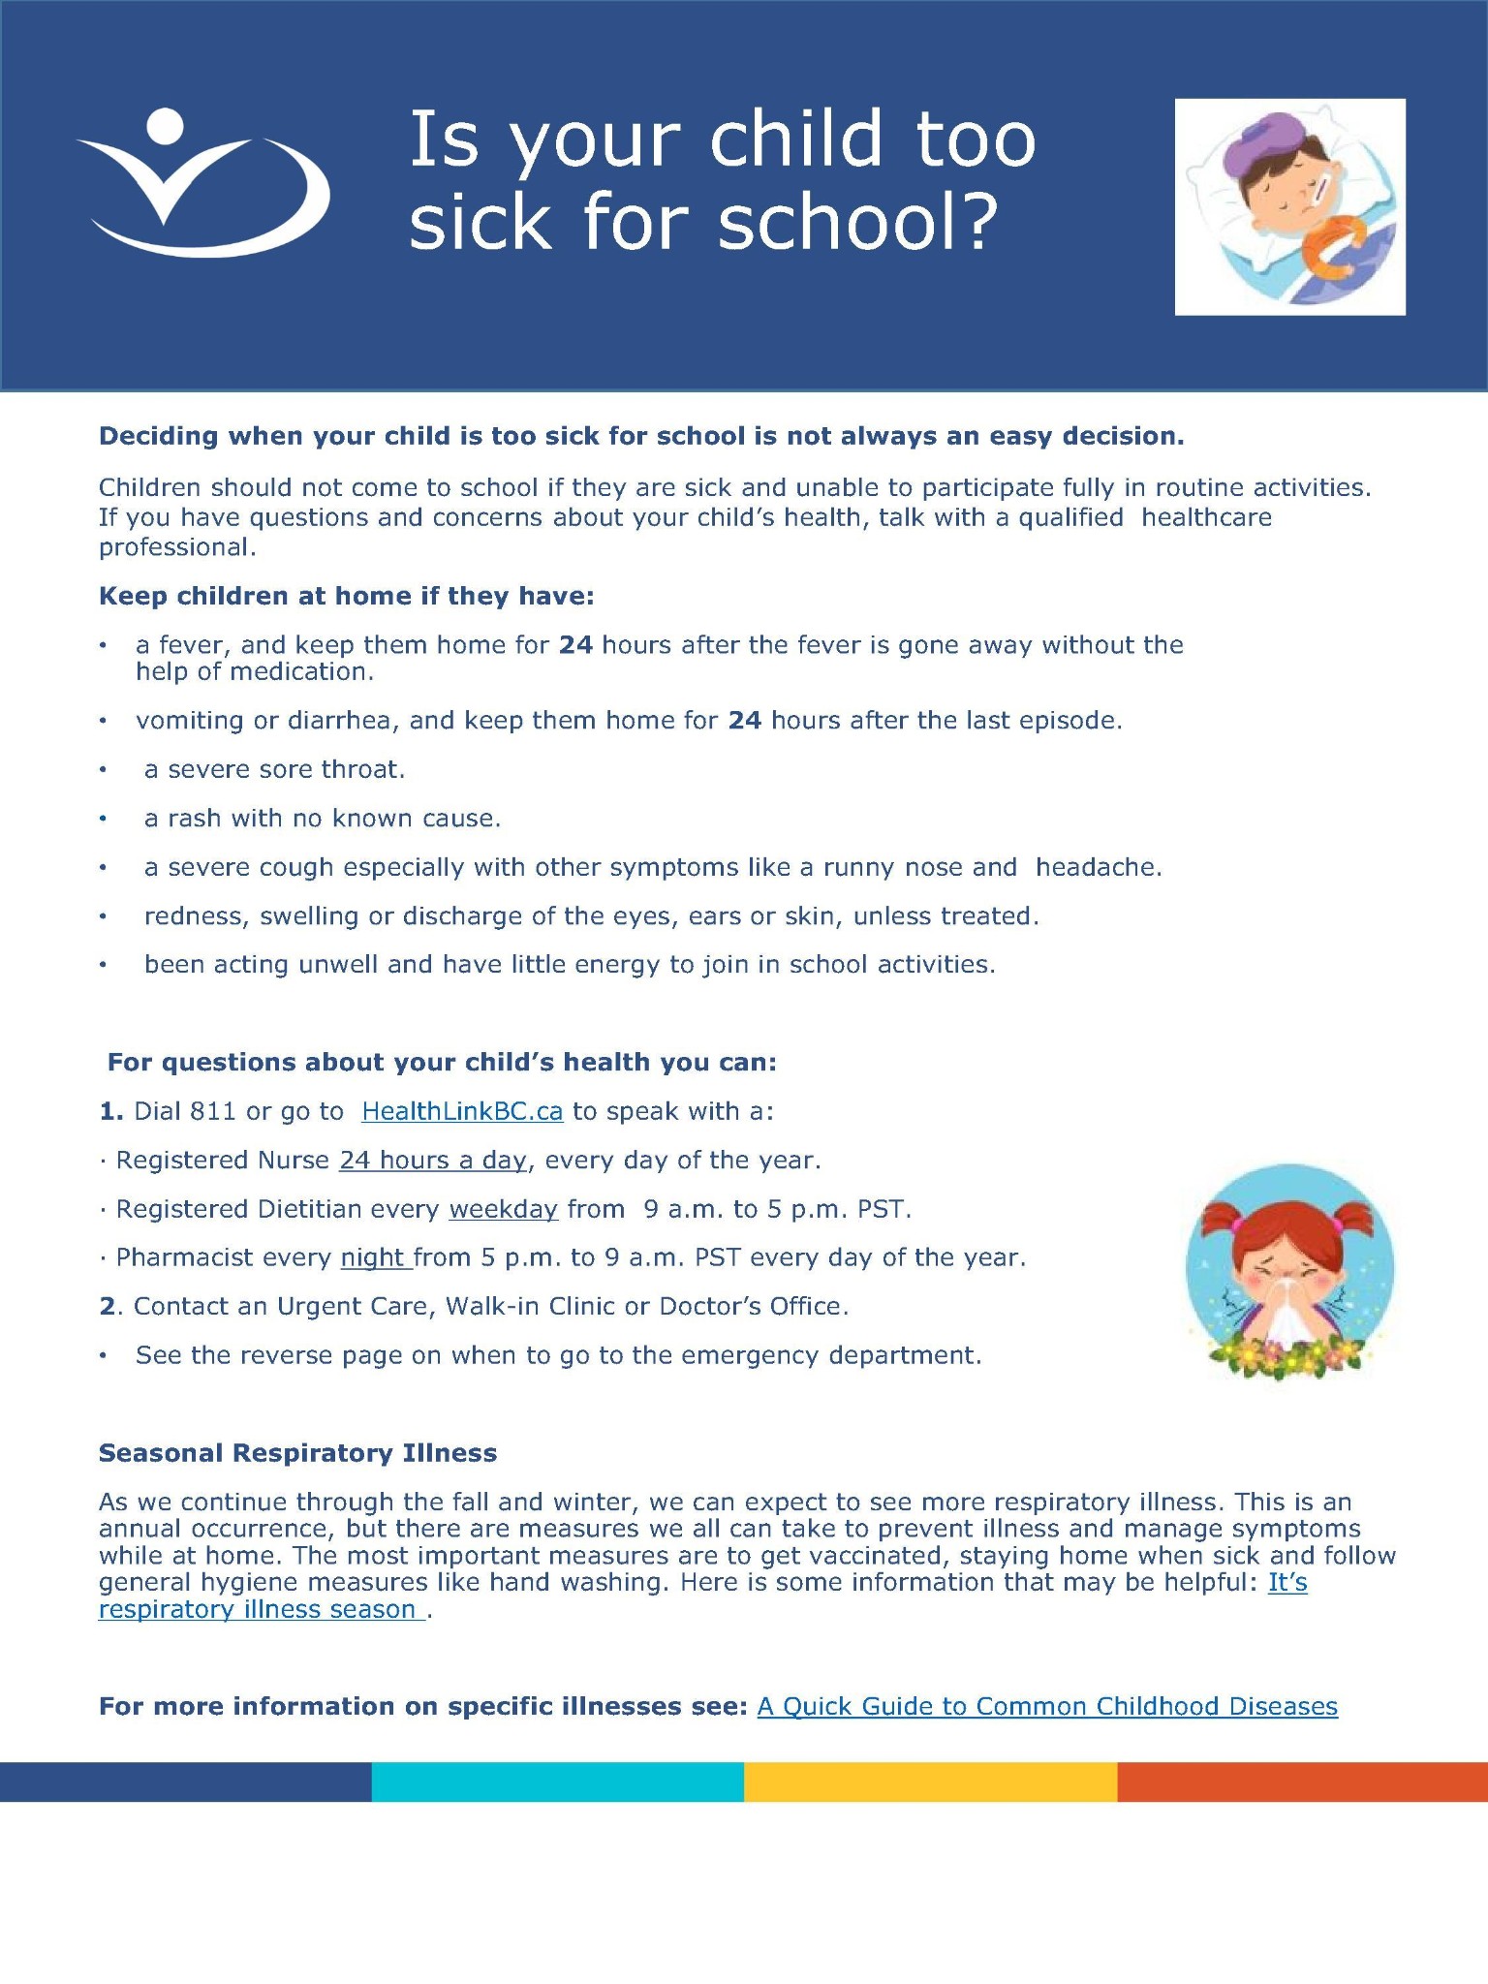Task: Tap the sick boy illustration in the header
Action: tap(1290, 207)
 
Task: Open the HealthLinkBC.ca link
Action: tap(462, 1111)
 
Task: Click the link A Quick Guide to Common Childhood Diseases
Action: tap(1047, 1706)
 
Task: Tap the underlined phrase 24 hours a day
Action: tap(433, 1160)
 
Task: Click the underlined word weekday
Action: tap(504, 1209)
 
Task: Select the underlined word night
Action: tap(373, 1257)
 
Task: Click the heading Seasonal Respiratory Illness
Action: tap(297, 1453)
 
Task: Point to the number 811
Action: tap(213, 1111)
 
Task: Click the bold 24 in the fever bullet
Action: tap(576, 645)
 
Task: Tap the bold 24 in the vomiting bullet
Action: tap(745, 721)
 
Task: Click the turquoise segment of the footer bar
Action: tap(557, 1782)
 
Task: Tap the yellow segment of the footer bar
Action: tap(930, 1782)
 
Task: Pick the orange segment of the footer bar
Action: tap(1302, 1782)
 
